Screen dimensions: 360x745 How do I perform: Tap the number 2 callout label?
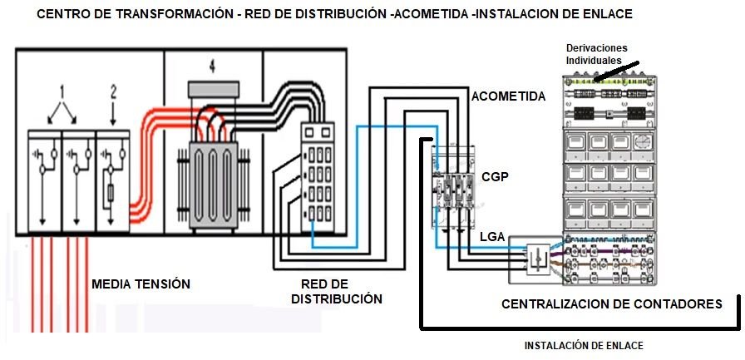pos(114,90)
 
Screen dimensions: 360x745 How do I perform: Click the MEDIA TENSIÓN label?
pos(141,284)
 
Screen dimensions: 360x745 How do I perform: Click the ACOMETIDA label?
pos(508,96)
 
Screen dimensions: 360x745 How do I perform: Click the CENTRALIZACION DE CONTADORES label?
pos(612,304)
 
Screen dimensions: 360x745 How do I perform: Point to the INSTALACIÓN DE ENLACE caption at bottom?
pos(584,345)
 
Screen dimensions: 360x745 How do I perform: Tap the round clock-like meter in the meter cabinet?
pos(642,143)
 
